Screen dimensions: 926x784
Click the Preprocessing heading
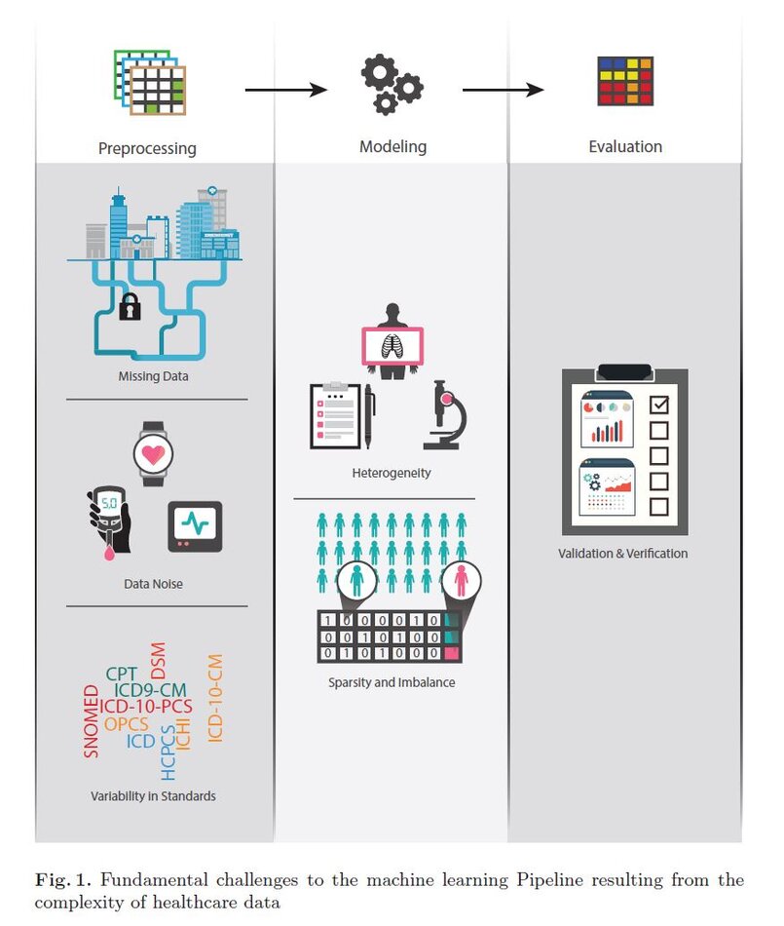click(x=147, y=149)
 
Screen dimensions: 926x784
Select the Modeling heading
click(x=392, y=147)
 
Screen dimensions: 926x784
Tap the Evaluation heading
click(x=625, y=147)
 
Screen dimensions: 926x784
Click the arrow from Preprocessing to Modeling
click(x=285, y=91)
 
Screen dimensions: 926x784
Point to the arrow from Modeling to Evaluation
click(x=503, y=91)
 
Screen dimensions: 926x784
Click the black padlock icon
click(x=130, y=309)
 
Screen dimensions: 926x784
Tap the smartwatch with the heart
click(x=154, y=453)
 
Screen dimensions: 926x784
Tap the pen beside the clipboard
click(x=369, y=415)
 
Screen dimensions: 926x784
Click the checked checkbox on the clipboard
click(x=658, y=403)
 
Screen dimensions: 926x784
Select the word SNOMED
click(x=92, y=721)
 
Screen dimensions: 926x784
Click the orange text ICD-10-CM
click(x=216, y=698)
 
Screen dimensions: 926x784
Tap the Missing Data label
click(x=154, y=375)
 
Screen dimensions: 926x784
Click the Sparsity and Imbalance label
click(x=392, y=682)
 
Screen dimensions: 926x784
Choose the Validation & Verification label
click(x=623, y=554)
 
